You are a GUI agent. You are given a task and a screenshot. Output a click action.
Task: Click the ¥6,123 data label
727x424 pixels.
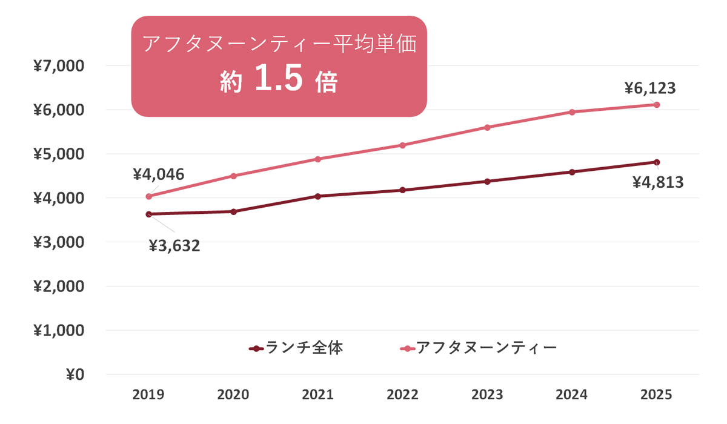[x=650, y=88]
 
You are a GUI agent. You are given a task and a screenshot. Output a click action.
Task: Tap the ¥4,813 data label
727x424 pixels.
[x=658, y=182]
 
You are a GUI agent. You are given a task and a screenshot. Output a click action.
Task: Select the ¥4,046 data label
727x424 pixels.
[x=159, y=174]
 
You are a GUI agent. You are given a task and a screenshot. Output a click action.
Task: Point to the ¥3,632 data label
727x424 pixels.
[x=174, y=246]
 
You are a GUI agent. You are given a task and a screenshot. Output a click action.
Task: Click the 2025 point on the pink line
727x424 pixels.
[x=657, y=105]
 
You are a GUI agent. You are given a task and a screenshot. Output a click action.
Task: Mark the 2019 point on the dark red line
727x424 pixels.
[x=149, y=214]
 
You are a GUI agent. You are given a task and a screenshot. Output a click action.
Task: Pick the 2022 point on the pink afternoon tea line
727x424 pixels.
[x=403, y=145]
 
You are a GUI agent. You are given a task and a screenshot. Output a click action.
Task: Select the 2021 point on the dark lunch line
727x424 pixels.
[x=318, y=196]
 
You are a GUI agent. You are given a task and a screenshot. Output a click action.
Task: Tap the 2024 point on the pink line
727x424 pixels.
[x=572, y=112]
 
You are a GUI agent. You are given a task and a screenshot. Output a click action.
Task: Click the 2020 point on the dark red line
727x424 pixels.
[x=234, y=212]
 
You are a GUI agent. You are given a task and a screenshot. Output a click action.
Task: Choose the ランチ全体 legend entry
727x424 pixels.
[x=296, y=348]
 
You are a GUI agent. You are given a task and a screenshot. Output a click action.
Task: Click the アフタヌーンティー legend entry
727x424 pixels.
[x=479, y=348]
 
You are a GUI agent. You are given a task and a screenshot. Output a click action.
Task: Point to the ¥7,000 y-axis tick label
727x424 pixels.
[x=59, y=66]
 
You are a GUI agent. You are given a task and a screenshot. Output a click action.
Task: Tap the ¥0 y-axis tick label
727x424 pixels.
[x=75, y=375]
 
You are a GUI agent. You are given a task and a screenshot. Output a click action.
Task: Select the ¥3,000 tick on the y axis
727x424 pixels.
[x=59, y=242]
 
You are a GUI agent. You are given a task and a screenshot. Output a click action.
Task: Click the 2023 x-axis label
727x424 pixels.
[x=487, y=395]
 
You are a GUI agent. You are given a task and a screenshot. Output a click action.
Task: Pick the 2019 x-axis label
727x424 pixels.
[x=148, y=395]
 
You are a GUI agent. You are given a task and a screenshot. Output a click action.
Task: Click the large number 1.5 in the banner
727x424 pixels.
[x=279, y=78]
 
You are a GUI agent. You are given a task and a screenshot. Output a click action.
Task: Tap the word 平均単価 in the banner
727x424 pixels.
[x=376, y=44]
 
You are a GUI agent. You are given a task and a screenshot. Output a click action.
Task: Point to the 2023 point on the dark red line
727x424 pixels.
[x=488, y=182]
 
